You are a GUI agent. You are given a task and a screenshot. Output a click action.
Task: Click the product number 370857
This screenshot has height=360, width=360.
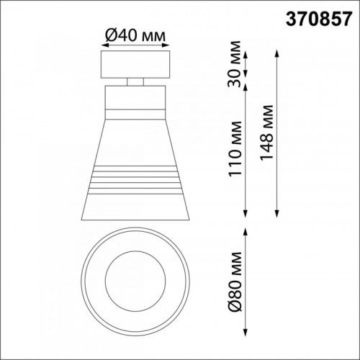pos(319,19)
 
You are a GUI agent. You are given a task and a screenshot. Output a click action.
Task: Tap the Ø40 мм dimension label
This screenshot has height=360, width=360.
pos(135,36)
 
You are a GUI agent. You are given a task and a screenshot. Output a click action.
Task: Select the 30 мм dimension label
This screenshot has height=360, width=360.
pos(234,64)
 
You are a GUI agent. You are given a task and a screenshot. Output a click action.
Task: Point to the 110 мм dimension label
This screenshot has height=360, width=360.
pos(235,149)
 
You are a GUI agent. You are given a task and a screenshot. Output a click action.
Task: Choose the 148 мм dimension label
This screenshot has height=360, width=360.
pos(266,132)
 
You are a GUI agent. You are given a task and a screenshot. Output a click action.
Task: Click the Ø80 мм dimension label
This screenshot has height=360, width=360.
pos(235,282)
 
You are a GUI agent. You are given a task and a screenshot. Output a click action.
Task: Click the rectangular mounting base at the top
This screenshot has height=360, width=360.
pos(135,64)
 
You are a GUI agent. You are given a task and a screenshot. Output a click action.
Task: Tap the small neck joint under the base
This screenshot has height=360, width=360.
pos(135,82)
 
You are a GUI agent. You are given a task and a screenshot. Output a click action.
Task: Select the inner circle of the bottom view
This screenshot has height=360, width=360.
pos(135,282)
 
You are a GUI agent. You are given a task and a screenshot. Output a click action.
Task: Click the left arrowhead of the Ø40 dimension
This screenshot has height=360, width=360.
pos(104,45)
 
